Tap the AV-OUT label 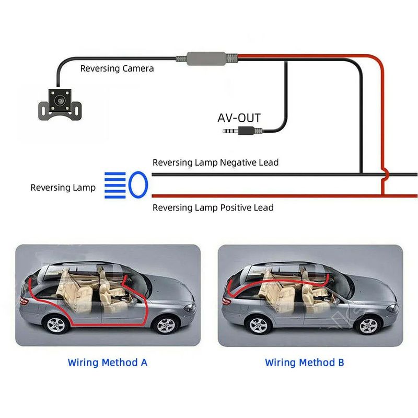coord(239,118)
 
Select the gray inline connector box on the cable coord(207,57)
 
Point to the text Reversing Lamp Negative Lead coord(215,162)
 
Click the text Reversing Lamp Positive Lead coord(213,207)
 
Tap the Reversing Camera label coord(117,68)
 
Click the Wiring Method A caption coord(108,362)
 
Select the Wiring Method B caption coord(304,362)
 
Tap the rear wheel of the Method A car coord(56,325)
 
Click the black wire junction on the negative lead coord(361,174)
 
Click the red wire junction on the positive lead coord(383,195)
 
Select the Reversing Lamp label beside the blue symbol coord(63,187)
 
